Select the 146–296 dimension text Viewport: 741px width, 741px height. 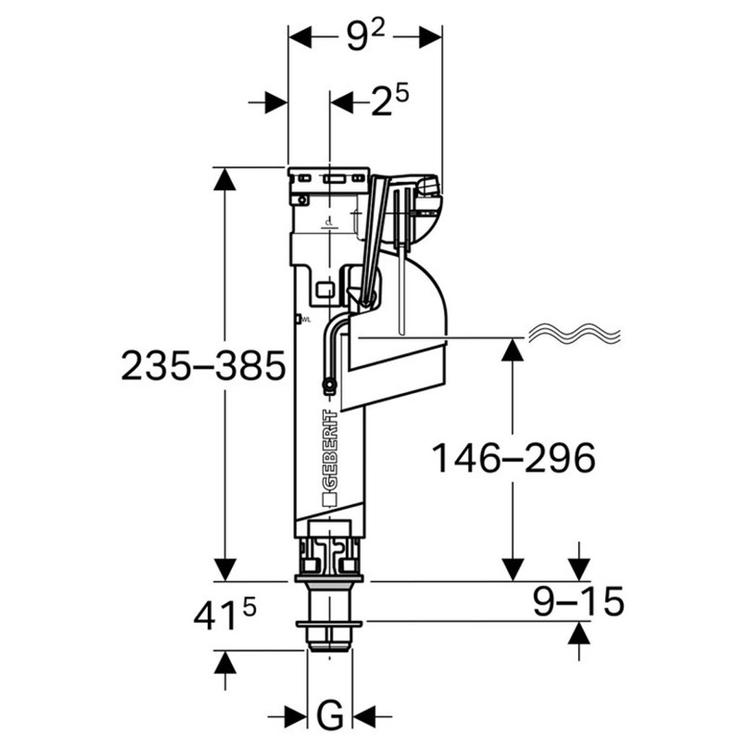(513, 458)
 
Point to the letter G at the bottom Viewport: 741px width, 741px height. (330, 716)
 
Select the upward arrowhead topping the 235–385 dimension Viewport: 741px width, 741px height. (225, 180)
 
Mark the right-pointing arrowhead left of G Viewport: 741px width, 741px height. (296, 717)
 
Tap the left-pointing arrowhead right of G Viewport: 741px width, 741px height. (363, 717)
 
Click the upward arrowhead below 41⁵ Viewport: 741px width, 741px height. (225, 662)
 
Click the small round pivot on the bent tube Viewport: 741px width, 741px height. (329, 387)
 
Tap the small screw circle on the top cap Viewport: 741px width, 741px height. (303, 200)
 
